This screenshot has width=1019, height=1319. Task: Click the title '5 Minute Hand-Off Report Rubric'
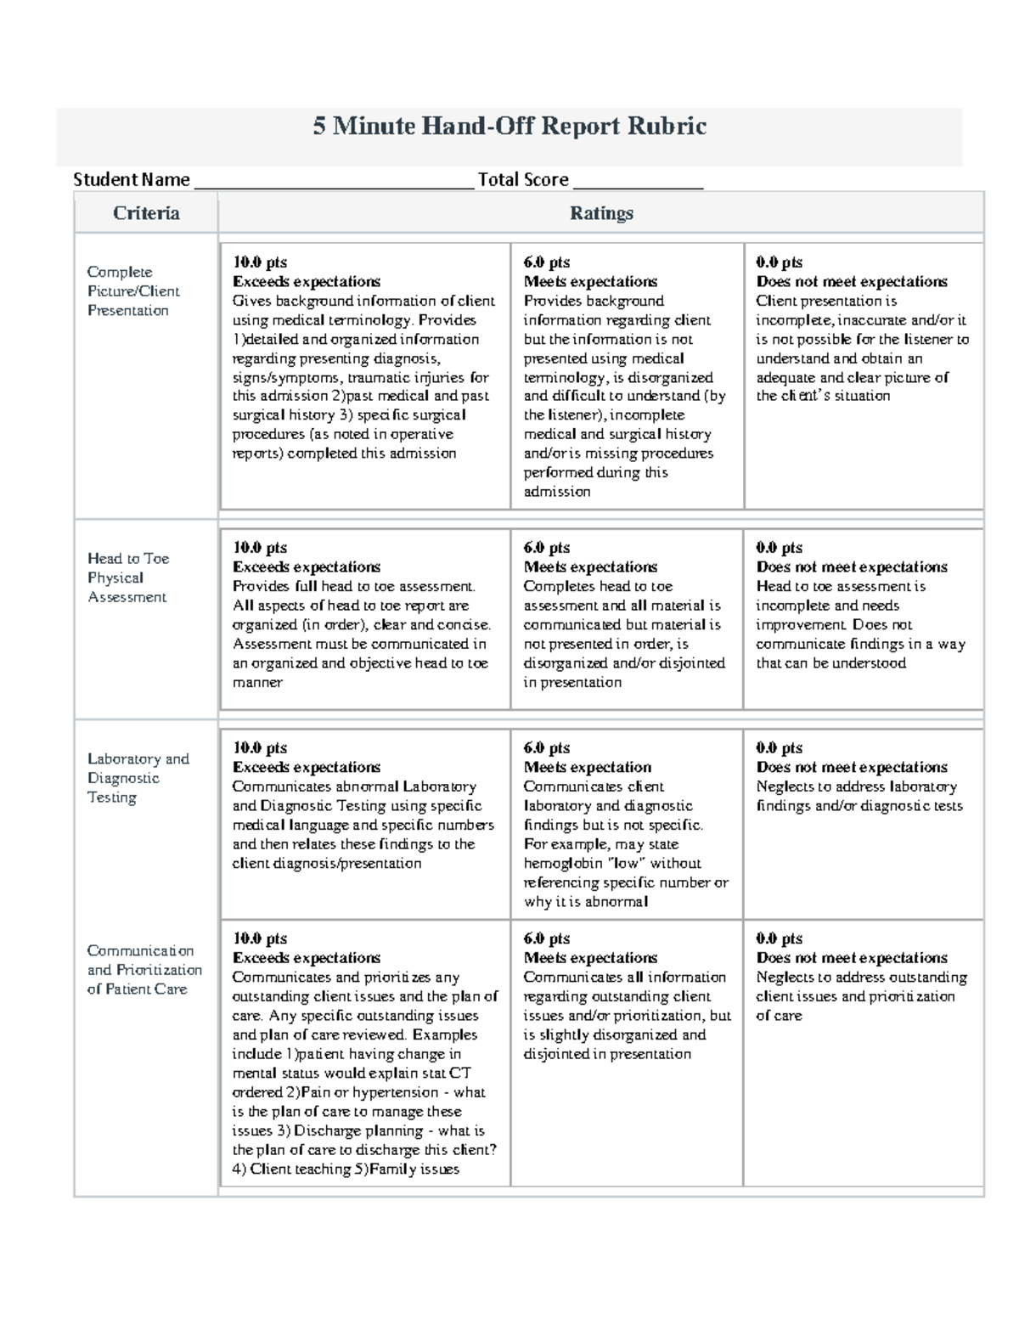[x=509, y=127]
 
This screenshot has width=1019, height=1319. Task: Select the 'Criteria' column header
[x=146, y=213]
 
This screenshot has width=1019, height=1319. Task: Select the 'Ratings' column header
[x=601, y=213]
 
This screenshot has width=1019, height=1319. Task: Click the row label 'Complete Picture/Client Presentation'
[x=133, y=291]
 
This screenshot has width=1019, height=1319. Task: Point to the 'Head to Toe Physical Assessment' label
[x=128, y=578]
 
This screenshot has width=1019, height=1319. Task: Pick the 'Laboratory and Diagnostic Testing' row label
[x=138, y=778]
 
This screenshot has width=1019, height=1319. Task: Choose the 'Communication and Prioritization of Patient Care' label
[x=144, y=970]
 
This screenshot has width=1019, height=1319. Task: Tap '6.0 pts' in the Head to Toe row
[x=547, y=548]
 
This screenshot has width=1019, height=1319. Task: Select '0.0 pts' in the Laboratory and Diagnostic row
[x=779, y=748]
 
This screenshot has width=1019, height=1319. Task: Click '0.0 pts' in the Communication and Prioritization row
[x=779, y=939]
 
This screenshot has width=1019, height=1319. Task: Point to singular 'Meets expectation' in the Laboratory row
[x=587, y=767]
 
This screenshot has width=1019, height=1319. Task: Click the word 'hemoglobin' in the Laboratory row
[x=560, y=864]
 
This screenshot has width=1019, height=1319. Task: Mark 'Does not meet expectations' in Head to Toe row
[x=852, y=566]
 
